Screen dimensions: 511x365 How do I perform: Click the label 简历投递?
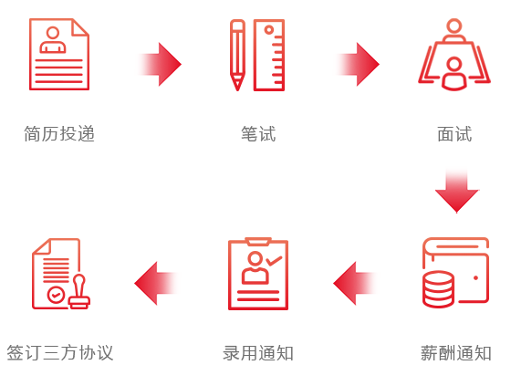click(59, 133)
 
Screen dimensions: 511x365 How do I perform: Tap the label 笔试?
click(258, 133)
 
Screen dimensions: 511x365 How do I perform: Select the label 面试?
click(454, 133)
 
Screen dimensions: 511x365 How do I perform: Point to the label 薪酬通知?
click(455, 353)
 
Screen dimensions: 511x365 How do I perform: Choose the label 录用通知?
click(258, 353)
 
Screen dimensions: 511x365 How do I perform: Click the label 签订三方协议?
click(60, 353)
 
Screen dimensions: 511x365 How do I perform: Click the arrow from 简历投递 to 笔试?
click(160, 64)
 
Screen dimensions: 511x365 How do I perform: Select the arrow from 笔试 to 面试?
click(358, 64)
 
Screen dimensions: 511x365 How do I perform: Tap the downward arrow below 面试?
click(456, 191)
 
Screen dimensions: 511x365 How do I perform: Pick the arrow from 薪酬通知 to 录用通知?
click(355, 283)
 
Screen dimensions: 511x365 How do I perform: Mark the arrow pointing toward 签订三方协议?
click(156, 283)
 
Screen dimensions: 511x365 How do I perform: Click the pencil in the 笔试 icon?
click(237, 55)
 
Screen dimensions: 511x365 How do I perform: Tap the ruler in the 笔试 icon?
click(269, 55)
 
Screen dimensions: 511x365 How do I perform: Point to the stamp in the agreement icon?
click(79, 292)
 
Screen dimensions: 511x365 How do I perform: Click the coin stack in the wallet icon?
click(438, 288)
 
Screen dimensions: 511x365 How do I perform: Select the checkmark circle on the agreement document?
click(56, 295)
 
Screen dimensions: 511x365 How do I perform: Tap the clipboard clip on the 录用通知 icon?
click(258, 241)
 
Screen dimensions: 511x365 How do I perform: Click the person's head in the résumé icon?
click(53, 33)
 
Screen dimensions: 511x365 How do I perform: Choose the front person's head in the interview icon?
click(454, 64)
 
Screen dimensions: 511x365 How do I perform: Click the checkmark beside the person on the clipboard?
click(274, 260)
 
